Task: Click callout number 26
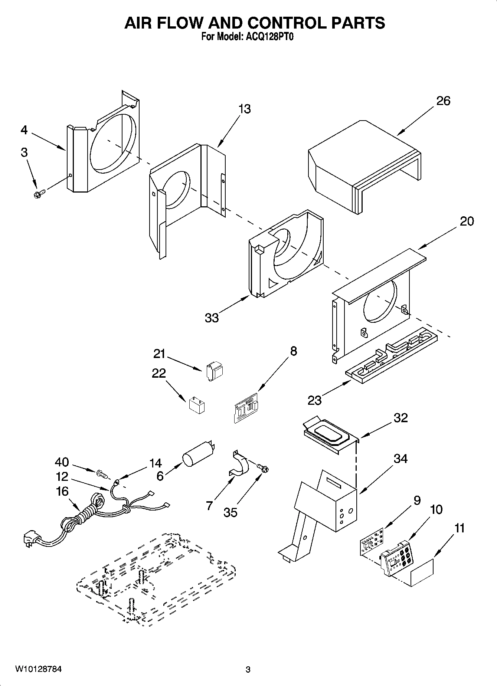[x=443, y=101]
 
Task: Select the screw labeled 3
[x=39, y=193]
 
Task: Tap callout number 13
[x=244, y=109]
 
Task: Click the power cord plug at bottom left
[x=32, y=538]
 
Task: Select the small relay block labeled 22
[x=197, y=405]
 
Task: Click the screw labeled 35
[x=264, y=469]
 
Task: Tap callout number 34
[x=400, y=459]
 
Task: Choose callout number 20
[x=467, y=221]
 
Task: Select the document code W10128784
[x=38, y=669]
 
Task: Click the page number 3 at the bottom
[x=248, y=669]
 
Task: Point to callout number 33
[x=212, y=318]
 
